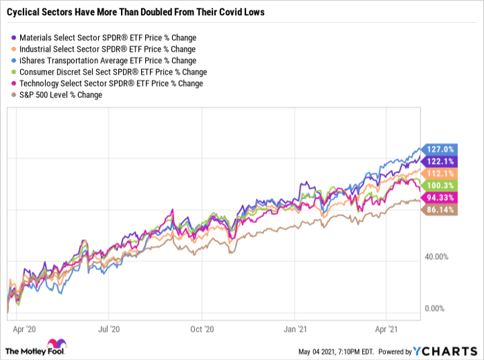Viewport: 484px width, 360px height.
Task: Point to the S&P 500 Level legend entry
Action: (62, 95)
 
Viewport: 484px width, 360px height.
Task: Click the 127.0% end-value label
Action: (439, 149)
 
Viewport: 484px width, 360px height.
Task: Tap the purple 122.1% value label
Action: (439, 160)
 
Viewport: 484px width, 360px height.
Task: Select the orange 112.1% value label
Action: (439, 173)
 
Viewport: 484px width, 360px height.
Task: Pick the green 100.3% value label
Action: (439, 185)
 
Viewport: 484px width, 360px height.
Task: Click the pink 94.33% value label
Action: (439, 198)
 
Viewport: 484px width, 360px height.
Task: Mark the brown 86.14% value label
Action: (439, 210)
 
